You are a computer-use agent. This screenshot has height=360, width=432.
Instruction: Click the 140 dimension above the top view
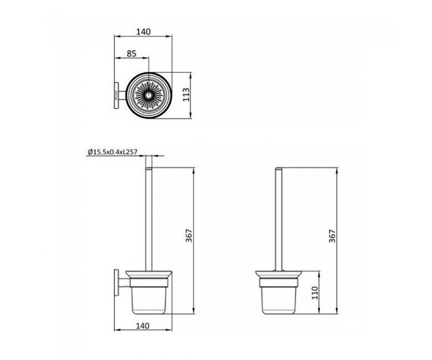click(143, 32)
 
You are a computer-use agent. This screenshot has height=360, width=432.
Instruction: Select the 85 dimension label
click(131, 53)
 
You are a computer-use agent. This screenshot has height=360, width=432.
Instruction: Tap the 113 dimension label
click(187, 95)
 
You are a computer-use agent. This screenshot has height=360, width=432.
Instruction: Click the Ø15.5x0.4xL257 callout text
click(112, 152)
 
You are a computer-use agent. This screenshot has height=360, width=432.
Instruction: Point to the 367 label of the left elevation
click(189, 236)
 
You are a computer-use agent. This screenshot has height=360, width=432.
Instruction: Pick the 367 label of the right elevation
click(332, 236)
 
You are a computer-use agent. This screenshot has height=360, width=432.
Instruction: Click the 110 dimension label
click(315, 293)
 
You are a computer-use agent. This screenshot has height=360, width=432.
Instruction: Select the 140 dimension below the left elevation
click(143, 326)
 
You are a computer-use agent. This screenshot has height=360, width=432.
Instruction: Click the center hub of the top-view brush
click(149, 96)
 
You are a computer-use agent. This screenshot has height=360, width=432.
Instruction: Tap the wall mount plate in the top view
click(116, 95)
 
